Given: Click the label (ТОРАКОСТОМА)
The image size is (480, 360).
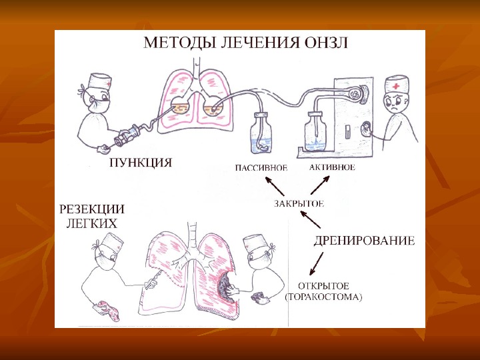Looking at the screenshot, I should pyautogui.click(x=323, y=299).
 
